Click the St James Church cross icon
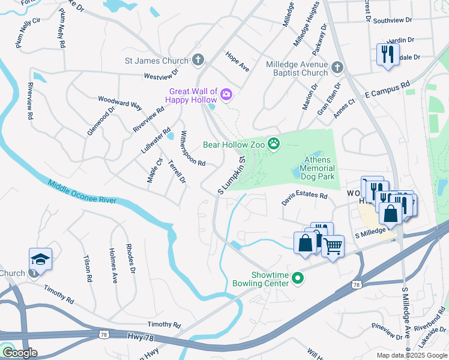tap(199, 60)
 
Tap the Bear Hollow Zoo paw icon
tap(274, 143)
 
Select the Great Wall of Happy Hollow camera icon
tap(226, 94)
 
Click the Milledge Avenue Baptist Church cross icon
tap(337, 67)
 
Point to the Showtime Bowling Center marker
tap(297, 278)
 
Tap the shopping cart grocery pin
tap(333, 245)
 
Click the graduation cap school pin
tap(40, 259)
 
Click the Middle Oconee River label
tap(82, 193)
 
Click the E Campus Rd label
tap(387, 90)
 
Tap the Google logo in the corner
tap(20, 353)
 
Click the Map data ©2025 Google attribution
tap(412, 355)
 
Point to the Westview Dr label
tap(161, 74)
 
